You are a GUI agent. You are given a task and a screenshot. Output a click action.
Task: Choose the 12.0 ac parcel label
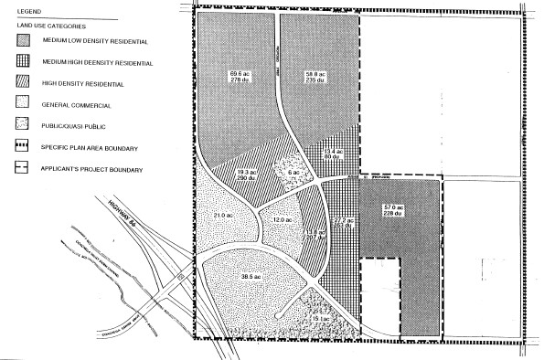pyautogui.click(x=282, y=220)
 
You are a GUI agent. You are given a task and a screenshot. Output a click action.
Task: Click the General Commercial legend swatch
pyautogui.click(x=17, y=106)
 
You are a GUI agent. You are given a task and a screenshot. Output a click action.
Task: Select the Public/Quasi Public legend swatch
pyautogui.click(x=17, y=126)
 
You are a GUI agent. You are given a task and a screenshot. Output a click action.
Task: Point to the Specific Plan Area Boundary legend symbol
pyautogui.click(x=17, y=147)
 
